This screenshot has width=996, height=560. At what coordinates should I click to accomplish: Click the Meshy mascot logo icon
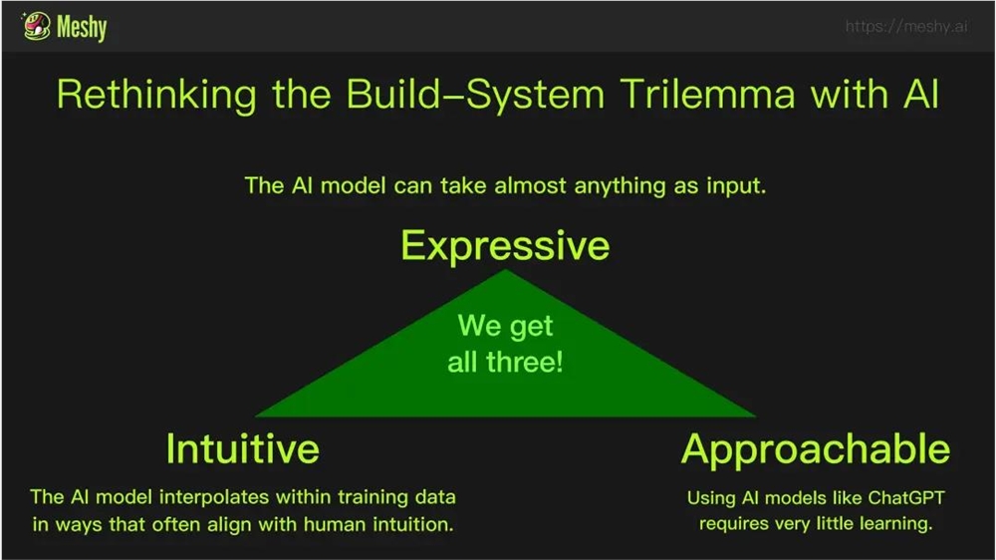pos(36,26)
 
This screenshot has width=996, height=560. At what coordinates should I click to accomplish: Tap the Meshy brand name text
pos(82,27)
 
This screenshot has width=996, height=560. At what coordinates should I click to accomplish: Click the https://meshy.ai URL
pos(906,26)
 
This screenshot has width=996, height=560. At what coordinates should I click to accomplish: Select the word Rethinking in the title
pos(157,95)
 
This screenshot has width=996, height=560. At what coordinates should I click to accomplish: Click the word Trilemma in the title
pos(707,94)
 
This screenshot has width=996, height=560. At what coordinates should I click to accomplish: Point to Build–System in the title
pos(475,95)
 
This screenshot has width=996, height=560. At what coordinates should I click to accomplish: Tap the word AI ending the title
pos(920,94)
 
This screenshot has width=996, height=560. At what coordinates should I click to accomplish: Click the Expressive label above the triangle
pos(506,245)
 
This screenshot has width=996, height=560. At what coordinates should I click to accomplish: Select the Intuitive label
pos(243,448)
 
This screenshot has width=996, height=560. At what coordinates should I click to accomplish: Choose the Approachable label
pos(816,448)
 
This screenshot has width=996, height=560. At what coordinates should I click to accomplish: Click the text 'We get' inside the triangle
pos(506,326)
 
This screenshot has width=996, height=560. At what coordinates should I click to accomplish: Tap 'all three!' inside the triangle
pos(506,363)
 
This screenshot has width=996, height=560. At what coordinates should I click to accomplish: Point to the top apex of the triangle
pos(506,269)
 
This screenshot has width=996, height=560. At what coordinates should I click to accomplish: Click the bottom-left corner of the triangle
pos(255,417)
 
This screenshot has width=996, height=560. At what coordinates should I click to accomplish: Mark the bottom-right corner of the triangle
pos(756,417)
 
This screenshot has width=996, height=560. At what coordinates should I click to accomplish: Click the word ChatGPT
pos(906,497)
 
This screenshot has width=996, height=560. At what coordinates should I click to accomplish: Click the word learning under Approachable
pos(895,523)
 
